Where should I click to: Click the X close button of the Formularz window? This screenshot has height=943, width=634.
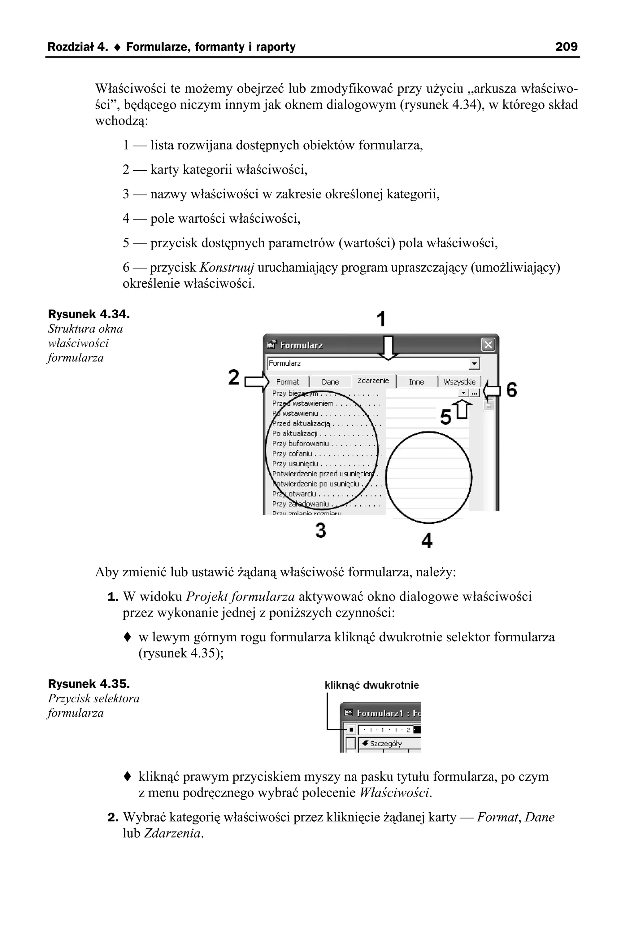[x=488, y=345]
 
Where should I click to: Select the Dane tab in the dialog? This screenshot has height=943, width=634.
[x=330, y=382]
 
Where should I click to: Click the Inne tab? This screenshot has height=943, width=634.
[x=416, y=382]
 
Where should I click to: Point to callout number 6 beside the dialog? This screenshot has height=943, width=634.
[x=511, y=390]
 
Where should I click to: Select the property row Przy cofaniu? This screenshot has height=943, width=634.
[x=292, y=454]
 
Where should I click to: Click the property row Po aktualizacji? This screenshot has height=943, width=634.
[x=294, y=434]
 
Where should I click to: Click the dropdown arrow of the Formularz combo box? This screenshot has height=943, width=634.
[x=474, y=364]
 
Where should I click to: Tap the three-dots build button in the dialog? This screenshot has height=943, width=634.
[x=475, y=393]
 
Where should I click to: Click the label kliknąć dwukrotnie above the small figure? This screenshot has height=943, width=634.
[x=371, y=685]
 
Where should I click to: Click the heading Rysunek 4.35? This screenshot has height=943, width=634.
[x=89, y=684]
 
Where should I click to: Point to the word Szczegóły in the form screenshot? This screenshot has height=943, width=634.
[x=385, y=743]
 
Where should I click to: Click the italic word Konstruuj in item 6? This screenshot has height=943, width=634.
[x=226, y=268]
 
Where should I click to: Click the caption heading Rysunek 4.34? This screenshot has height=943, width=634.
[x=89, y=314]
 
